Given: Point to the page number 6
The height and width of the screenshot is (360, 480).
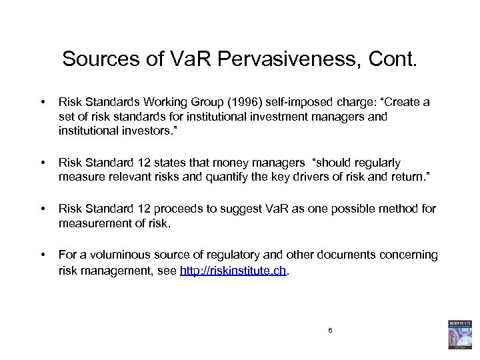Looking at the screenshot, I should point(329,331).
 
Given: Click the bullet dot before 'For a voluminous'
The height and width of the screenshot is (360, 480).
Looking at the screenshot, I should point(42,255).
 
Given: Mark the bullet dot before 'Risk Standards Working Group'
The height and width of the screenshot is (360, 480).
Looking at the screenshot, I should point(42,103).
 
